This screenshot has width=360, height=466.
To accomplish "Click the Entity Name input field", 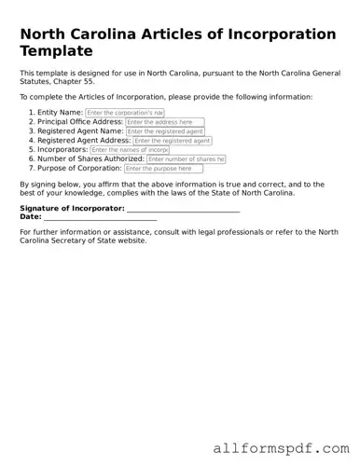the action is pyautogui.click(x=124, y=112).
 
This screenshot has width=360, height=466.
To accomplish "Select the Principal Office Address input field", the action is pyautogui.click(x=164, y=122).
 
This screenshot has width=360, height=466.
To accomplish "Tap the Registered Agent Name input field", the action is pyautogui.click(x=165, y=131).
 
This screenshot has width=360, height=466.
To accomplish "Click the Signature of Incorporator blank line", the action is pyautogui.click(x=184, y=210).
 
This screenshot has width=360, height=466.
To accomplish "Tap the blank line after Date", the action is pyautogui.click(x=100, y=217).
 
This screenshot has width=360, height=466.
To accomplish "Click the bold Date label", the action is pyautogui.click(x=30, y=216).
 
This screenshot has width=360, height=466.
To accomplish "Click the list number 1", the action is pyautogui.click(x=31, y=112).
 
